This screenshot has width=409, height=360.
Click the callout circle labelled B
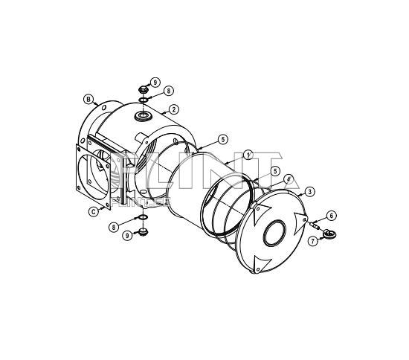click(88, 99)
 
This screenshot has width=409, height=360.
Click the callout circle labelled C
click(93, 211)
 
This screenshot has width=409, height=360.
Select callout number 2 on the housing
click(173, 110)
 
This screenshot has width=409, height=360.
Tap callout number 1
click(248, 155)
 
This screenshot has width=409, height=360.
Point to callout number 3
click(309, 191)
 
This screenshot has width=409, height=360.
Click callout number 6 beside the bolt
click(332, 215)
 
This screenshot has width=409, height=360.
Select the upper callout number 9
click(155, 82)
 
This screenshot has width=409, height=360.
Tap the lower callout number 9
click(128, 235)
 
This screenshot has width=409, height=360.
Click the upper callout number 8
click(170, 91)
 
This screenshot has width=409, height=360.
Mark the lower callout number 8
click(114, 226)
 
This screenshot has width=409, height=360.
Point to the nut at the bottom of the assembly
click(142, 231)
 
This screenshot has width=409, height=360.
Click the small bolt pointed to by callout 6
click(316, 225)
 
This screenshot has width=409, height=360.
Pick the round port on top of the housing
click(142, 116)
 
